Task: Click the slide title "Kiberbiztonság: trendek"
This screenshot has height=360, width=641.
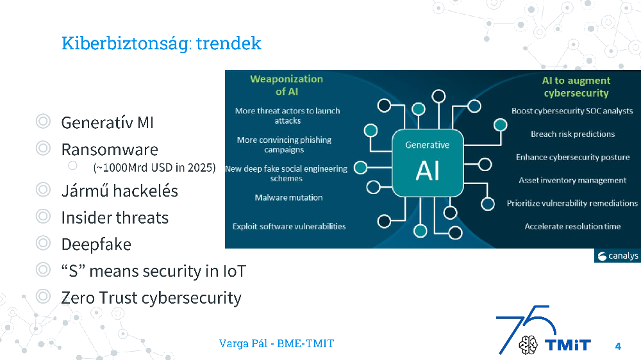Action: point(161,44)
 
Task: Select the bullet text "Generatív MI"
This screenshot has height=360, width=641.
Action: point(107,122)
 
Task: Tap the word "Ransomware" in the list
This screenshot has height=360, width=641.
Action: point(110,150)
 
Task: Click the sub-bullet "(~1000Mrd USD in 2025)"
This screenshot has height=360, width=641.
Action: point(154,168)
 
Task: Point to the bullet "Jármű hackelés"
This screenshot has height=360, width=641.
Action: point(119,191)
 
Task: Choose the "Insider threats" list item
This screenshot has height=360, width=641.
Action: point(115,218)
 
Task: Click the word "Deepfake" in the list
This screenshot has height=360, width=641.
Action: point(96,244)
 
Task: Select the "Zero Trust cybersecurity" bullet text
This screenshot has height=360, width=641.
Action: point(151,299)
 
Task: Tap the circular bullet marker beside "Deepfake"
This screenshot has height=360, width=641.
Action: point(43,243)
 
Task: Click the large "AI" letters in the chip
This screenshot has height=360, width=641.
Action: point(428,170)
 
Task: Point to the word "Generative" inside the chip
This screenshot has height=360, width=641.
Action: point(427,145)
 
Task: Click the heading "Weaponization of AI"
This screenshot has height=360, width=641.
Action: point(287,85)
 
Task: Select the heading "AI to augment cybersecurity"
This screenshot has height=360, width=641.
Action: point(576,86)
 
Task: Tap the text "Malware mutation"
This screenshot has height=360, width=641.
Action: point(288,198)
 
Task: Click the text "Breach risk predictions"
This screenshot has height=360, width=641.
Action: point(572,134)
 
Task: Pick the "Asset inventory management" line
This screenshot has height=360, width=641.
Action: point(572,180)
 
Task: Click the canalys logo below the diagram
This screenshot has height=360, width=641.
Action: point(617,256)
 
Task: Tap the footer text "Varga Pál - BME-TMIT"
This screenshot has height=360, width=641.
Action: point(276,343)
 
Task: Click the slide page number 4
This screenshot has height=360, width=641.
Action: point(618,347)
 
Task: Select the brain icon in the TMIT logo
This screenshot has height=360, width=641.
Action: point(528,345)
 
